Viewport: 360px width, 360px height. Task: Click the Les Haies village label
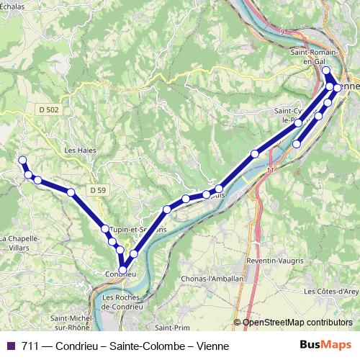pos(81,150)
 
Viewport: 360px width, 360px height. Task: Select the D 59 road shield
pos(99,189)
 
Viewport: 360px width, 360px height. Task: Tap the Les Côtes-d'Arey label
pos(330,291)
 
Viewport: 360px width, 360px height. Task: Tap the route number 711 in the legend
pos(30,346)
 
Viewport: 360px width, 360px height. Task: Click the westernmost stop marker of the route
pos(22,160)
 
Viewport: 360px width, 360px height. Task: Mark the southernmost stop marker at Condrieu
pos(123,271)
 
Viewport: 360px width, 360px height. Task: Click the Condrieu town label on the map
pos(120,275)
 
